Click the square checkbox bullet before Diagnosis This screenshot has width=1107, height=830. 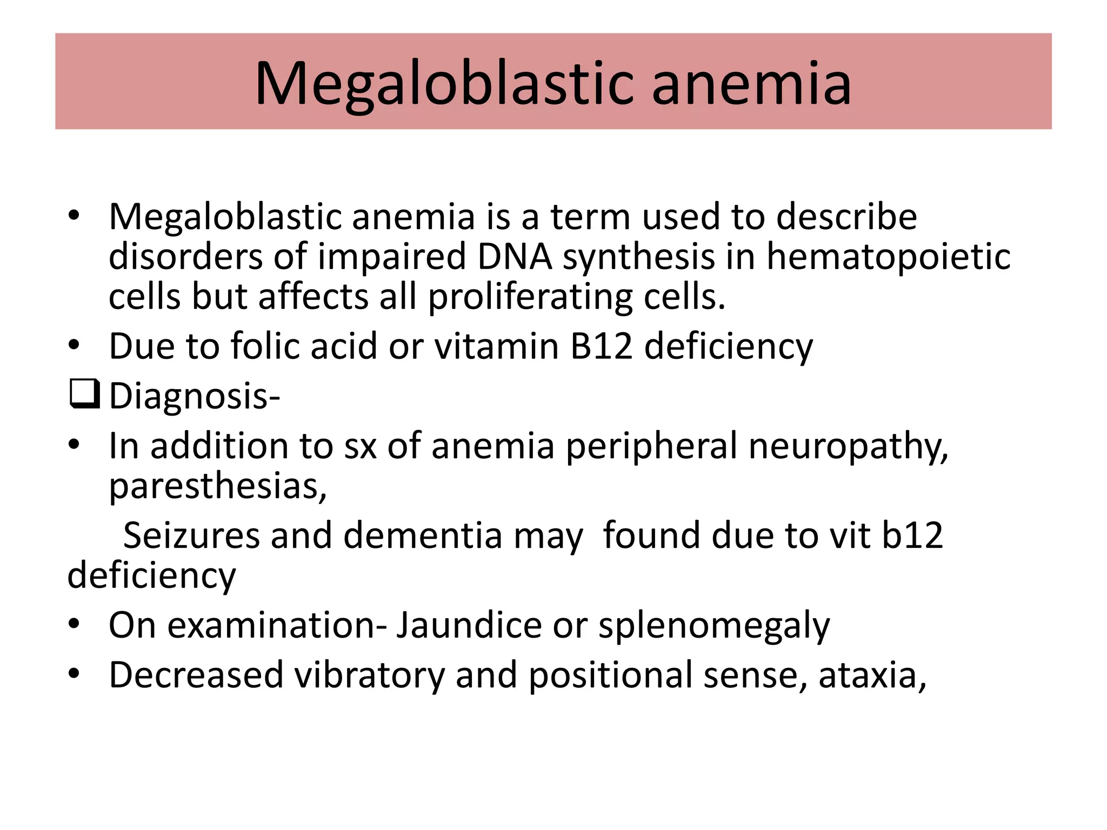point(84,394)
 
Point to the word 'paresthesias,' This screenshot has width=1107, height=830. point(218,486)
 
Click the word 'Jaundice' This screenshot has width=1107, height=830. point(469,625)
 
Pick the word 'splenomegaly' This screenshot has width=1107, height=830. point(714,625)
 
